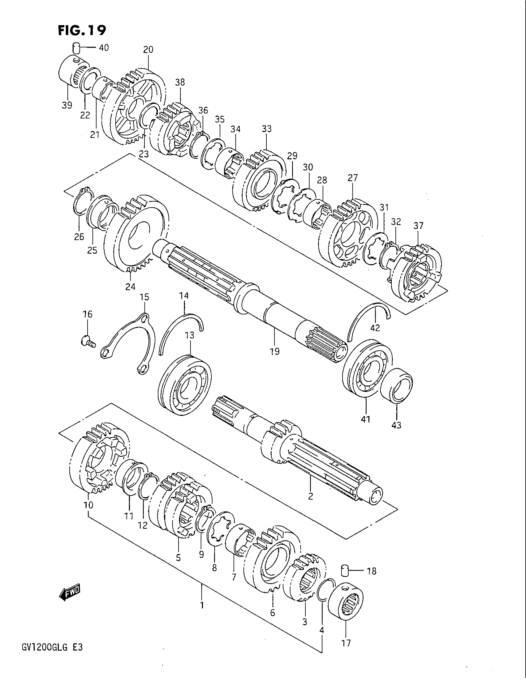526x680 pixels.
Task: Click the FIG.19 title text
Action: coord(82,31)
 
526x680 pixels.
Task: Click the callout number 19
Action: coord(274,351)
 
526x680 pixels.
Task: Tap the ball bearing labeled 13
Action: coord(184,384)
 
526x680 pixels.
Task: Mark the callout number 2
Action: coord(310,496)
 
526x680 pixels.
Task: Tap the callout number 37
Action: coord(418,225)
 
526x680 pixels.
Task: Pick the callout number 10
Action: coord(88,505)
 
